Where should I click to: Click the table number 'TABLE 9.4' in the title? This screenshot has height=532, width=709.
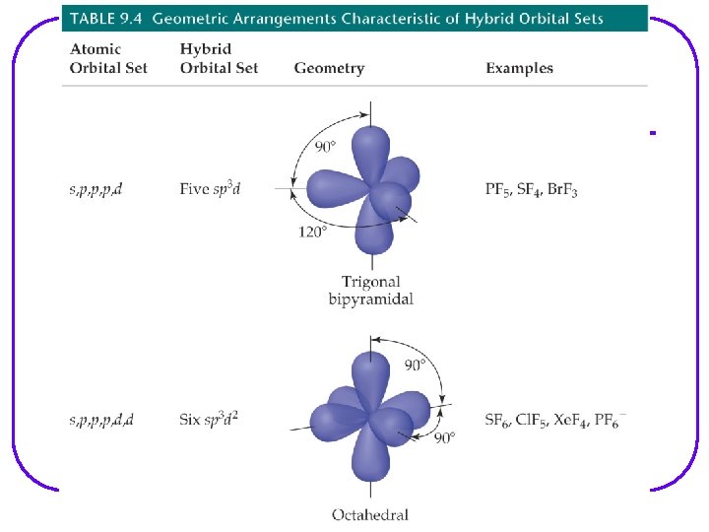107,19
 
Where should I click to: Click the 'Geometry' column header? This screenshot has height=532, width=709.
329,68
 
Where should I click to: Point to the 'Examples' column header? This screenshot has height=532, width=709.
519,68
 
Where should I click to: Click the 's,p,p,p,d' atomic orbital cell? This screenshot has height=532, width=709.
96,189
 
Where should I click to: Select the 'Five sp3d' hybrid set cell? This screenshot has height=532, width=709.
210,188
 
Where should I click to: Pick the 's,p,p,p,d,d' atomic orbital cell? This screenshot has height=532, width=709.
101,420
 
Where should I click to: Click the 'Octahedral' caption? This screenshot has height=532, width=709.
370,513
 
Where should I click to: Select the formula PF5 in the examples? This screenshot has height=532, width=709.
498,189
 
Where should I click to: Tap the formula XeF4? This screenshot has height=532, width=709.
569,420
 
